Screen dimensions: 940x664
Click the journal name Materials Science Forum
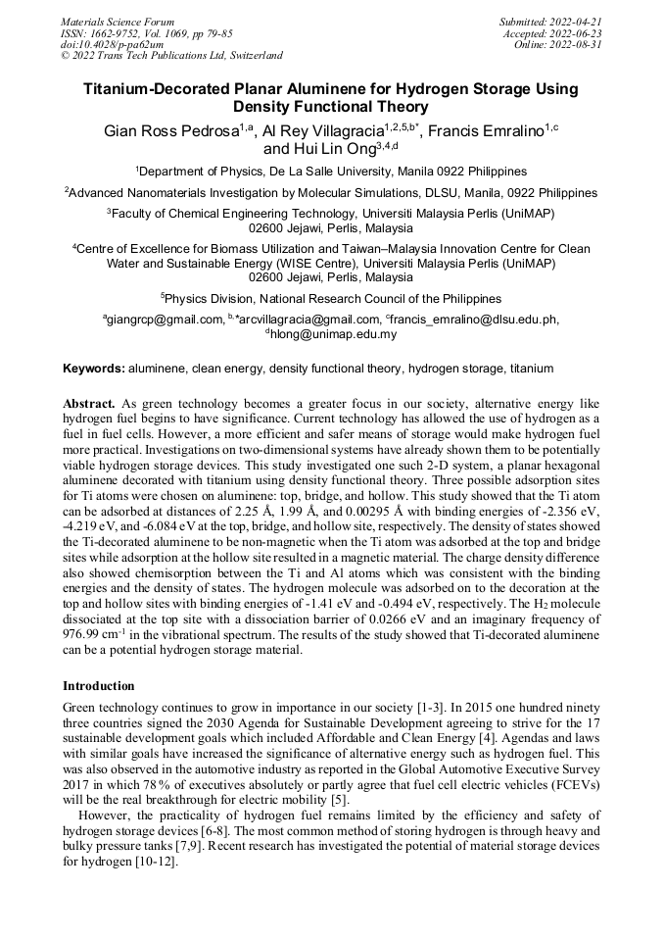(118, 21)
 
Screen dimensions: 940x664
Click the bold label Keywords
(93, 369)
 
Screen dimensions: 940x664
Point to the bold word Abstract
(89, 404)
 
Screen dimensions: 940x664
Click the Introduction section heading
(98, 685)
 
